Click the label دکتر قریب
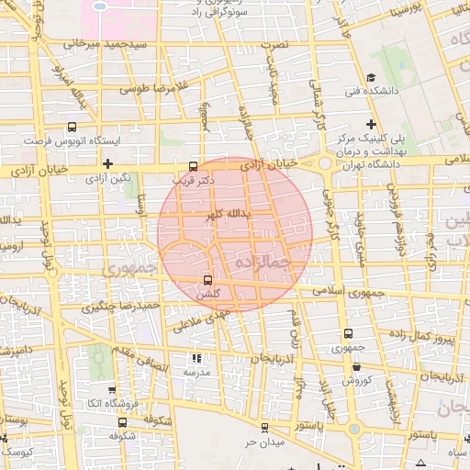click(x=194, y=181)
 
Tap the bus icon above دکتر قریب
click(x=193, y=166)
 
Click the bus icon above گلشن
click(x=208, y=279)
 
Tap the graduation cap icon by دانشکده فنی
click(x=370, y=77)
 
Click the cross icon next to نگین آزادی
click(x=107, y=162)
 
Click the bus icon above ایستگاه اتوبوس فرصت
click(x=72, y=129)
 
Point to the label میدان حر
click(x=265, y=442)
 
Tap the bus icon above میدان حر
click(x=264, y=427)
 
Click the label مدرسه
click(x=196, y=373)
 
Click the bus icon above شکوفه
click(x=123, y=423)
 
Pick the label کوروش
click(x=355, y=379)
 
